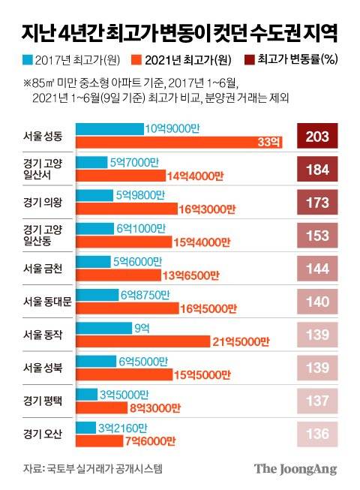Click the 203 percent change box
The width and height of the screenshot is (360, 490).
pos(319,136)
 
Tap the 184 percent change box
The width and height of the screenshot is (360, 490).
pos(319,169)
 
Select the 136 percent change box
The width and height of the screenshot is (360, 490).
pos(319,433)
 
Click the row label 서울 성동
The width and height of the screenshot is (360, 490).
pos(44,137)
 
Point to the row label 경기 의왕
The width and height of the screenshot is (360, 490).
pos(44,202)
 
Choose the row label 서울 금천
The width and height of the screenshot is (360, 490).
pos(44,268)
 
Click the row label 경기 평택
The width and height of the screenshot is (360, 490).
pos(44,400)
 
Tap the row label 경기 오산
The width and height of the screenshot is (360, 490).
pos(44,433)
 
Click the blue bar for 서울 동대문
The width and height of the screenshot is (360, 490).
pos(97,294)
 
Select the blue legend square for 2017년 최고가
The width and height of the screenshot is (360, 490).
pos(28,58)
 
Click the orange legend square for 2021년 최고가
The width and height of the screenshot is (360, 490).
pos(136,58)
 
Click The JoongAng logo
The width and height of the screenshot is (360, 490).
pos(295,469)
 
